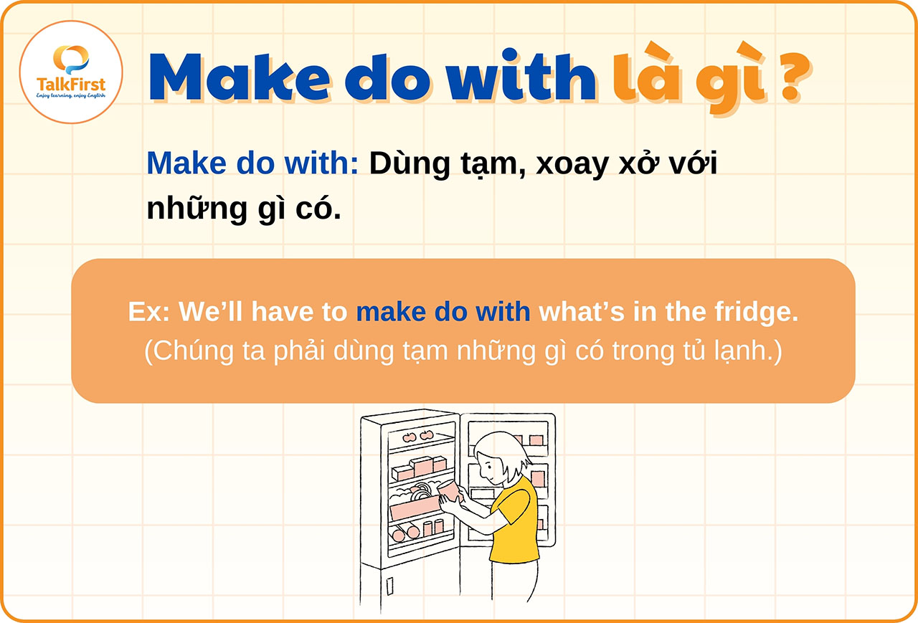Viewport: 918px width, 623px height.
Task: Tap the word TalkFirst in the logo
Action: coord(71,85)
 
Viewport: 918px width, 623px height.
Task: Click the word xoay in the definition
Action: coord(569,163)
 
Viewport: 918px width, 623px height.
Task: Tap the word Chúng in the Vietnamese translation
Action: coord(189,352)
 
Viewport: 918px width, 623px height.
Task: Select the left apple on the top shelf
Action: coord(410,436)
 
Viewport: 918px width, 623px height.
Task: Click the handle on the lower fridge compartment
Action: coord(389,586)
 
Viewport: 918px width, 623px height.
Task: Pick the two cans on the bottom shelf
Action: coord(433,527)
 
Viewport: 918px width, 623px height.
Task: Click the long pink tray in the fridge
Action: coord(414,508)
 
